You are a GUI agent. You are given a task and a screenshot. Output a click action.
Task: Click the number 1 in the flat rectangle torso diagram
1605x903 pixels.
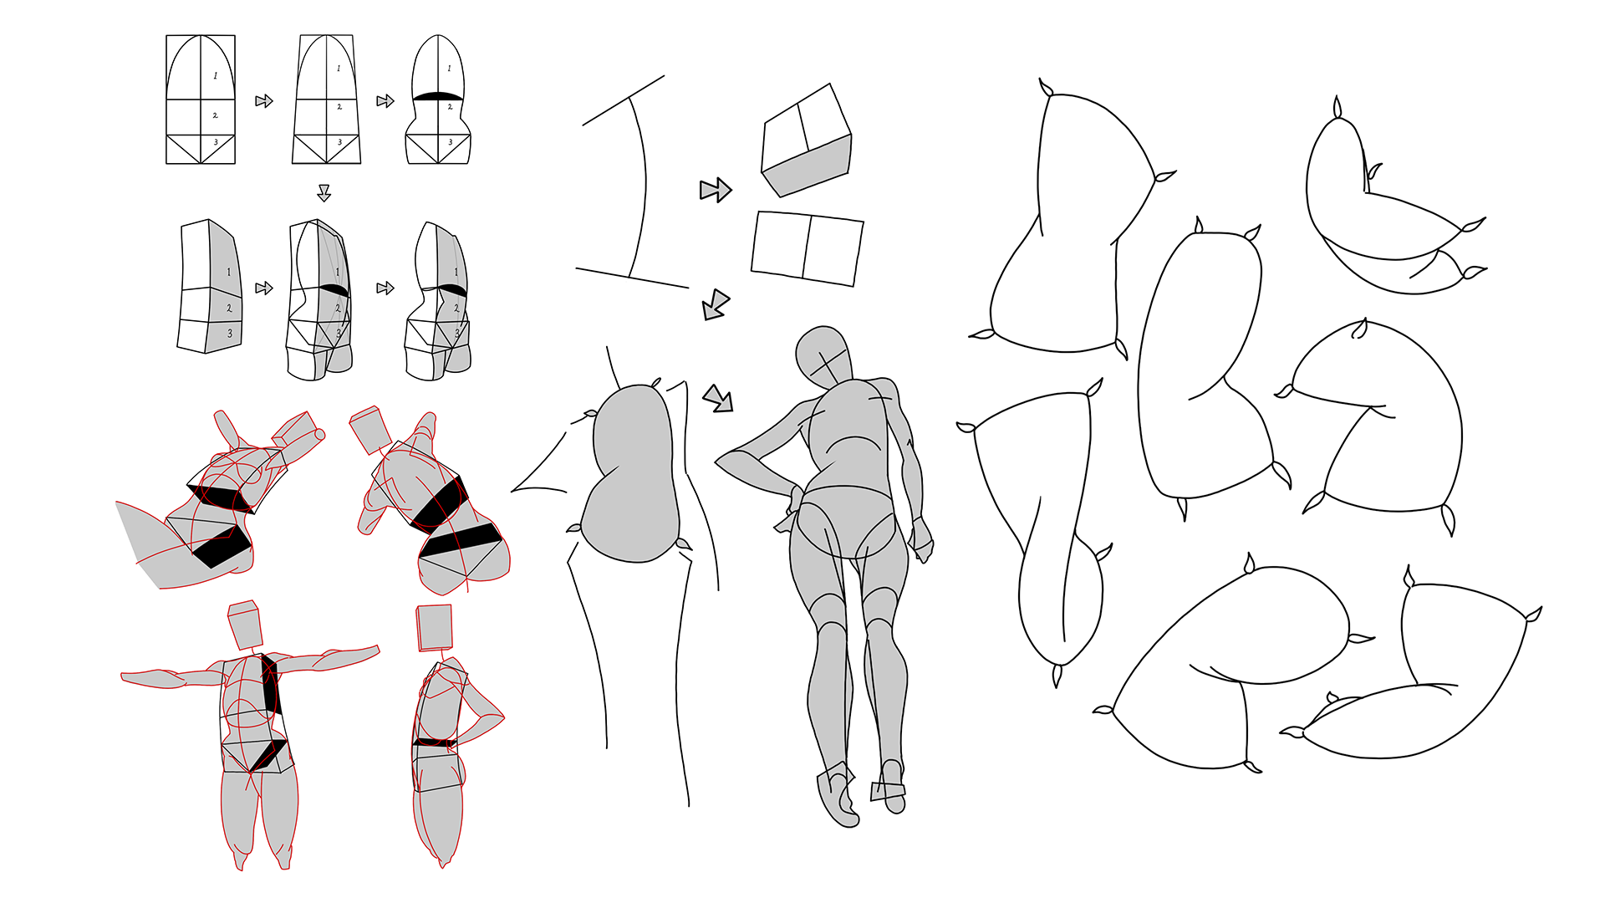coord(215,76)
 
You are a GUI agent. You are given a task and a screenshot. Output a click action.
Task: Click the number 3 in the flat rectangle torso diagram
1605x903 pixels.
coord(216,143)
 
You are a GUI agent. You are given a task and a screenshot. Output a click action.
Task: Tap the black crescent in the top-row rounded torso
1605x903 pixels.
coord(438,96)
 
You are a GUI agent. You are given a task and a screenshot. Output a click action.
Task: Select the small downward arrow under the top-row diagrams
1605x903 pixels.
coord(324,193)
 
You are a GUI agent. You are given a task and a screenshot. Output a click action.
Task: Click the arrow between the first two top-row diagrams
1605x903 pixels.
coord(264,101)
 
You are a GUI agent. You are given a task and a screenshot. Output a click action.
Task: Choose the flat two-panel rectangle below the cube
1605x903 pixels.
coord(807,248)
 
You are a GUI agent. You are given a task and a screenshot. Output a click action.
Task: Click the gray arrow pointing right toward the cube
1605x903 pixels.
coord(716,190)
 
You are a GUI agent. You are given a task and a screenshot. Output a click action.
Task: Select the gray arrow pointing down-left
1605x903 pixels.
coord(716,304)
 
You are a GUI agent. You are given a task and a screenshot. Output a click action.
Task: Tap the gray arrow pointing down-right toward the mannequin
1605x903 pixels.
coord(718,398)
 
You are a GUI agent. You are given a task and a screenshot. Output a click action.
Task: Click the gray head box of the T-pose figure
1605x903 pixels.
coord(244,625)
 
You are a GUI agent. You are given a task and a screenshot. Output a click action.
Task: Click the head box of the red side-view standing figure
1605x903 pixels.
coord(434,627)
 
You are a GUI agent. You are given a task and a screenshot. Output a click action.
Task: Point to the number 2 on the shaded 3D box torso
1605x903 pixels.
coord(229,308)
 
